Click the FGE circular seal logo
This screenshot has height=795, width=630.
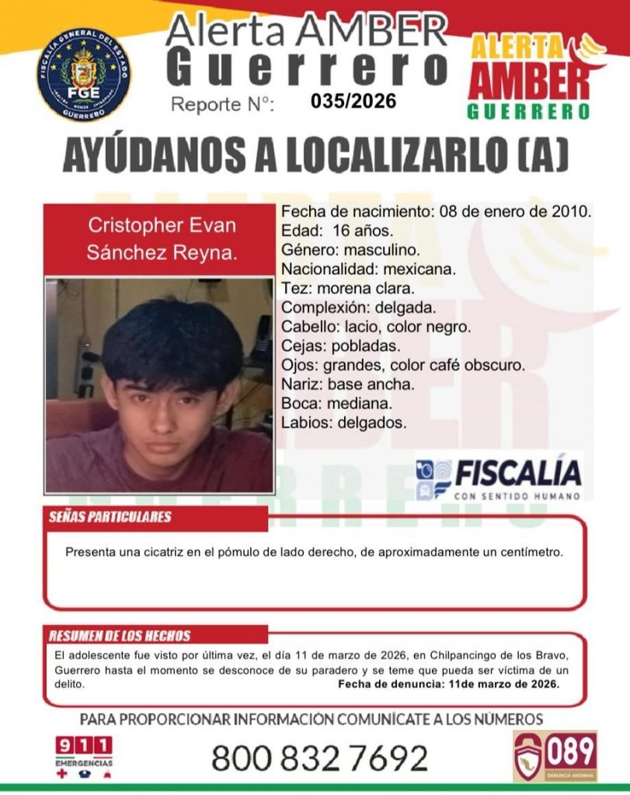tap(84, 75)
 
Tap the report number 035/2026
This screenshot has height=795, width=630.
tap(353, 101)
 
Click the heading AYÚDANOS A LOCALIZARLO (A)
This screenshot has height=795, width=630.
tap(315, 158)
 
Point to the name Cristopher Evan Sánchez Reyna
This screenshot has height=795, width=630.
tap(162, 239)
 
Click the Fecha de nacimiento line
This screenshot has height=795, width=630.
tap(437, 211)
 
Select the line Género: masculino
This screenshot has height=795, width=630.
tap(350, 250)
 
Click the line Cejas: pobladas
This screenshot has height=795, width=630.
tap(341, 345)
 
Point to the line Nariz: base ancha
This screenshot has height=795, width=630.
tap(348, 384)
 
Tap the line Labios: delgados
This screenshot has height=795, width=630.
tap(343, 423)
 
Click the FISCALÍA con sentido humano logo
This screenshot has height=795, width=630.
tap(498, 477)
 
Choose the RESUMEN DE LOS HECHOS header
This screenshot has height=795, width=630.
tap(120, 636)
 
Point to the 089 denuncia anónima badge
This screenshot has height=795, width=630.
tap(555, 755)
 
